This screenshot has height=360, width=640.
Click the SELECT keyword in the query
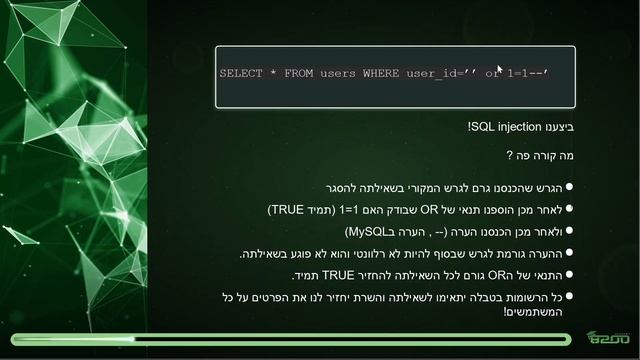point(240,74)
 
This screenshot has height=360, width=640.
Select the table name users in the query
point(338,74)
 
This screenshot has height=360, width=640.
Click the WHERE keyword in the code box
point(381,74)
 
